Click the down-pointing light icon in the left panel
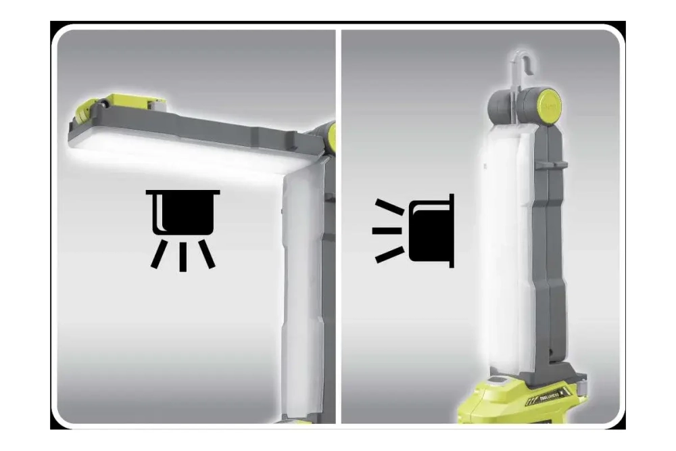[x=183, y=227]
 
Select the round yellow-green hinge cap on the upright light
[x=548, y=105]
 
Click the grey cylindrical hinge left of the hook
[x=500, y=105]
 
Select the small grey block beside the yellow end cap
[x=155, y=108]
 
